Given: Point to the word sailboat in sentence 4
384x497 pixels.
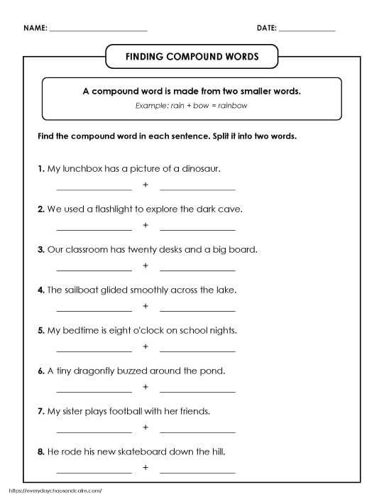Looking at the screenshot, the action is (x=83, y=290).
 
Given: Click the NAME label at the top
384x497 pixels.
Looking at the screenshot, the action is (x=35, y=28).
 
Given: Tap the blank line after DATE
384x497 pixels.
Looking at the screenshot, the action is (x=307, y=31).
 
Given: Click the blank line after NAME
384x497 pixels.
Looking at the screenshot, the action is (x=99, y=31).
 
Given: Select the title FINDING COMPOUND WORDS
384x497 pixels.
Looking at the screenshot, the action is (x=192, y=55).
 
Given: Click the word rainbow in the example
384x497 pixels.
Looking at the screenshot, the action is (x=234, y=106).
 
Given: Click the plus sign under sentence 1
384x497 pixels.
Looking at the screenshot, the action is (x=146, y=185).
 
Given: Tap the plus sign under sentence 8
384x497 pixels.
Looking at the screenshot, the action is (x=146, y=468).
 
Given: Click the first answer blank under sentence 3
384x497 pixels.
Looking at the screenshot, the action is (x=94, y=270).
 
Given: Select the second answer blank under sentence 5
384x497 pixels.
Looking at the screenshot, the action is (x=197, y=351).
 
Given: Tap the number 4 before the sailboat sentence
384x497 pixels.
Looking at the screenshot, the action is (x=40, y=290).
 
